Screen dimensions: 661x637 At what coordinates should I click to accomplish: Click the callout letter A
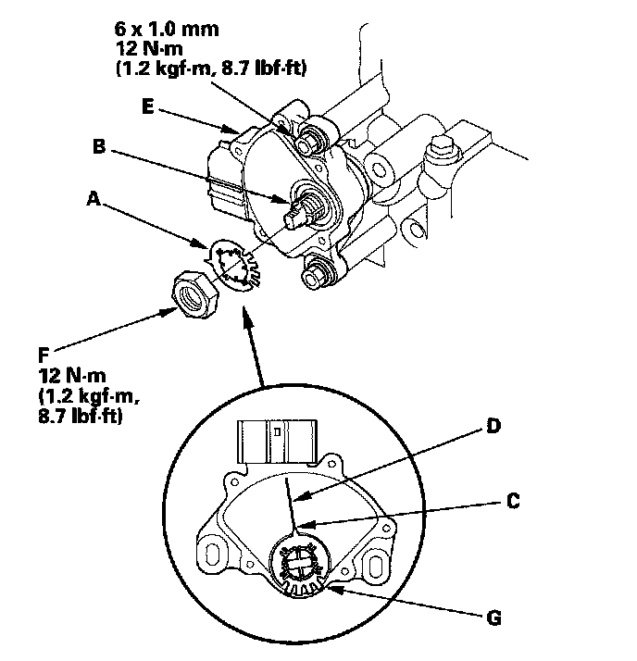93,198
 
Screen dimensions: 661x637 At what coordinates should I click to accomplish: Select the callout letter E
148,106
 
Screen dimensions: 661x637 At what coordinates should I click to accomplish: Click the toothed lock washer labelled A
235,268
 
